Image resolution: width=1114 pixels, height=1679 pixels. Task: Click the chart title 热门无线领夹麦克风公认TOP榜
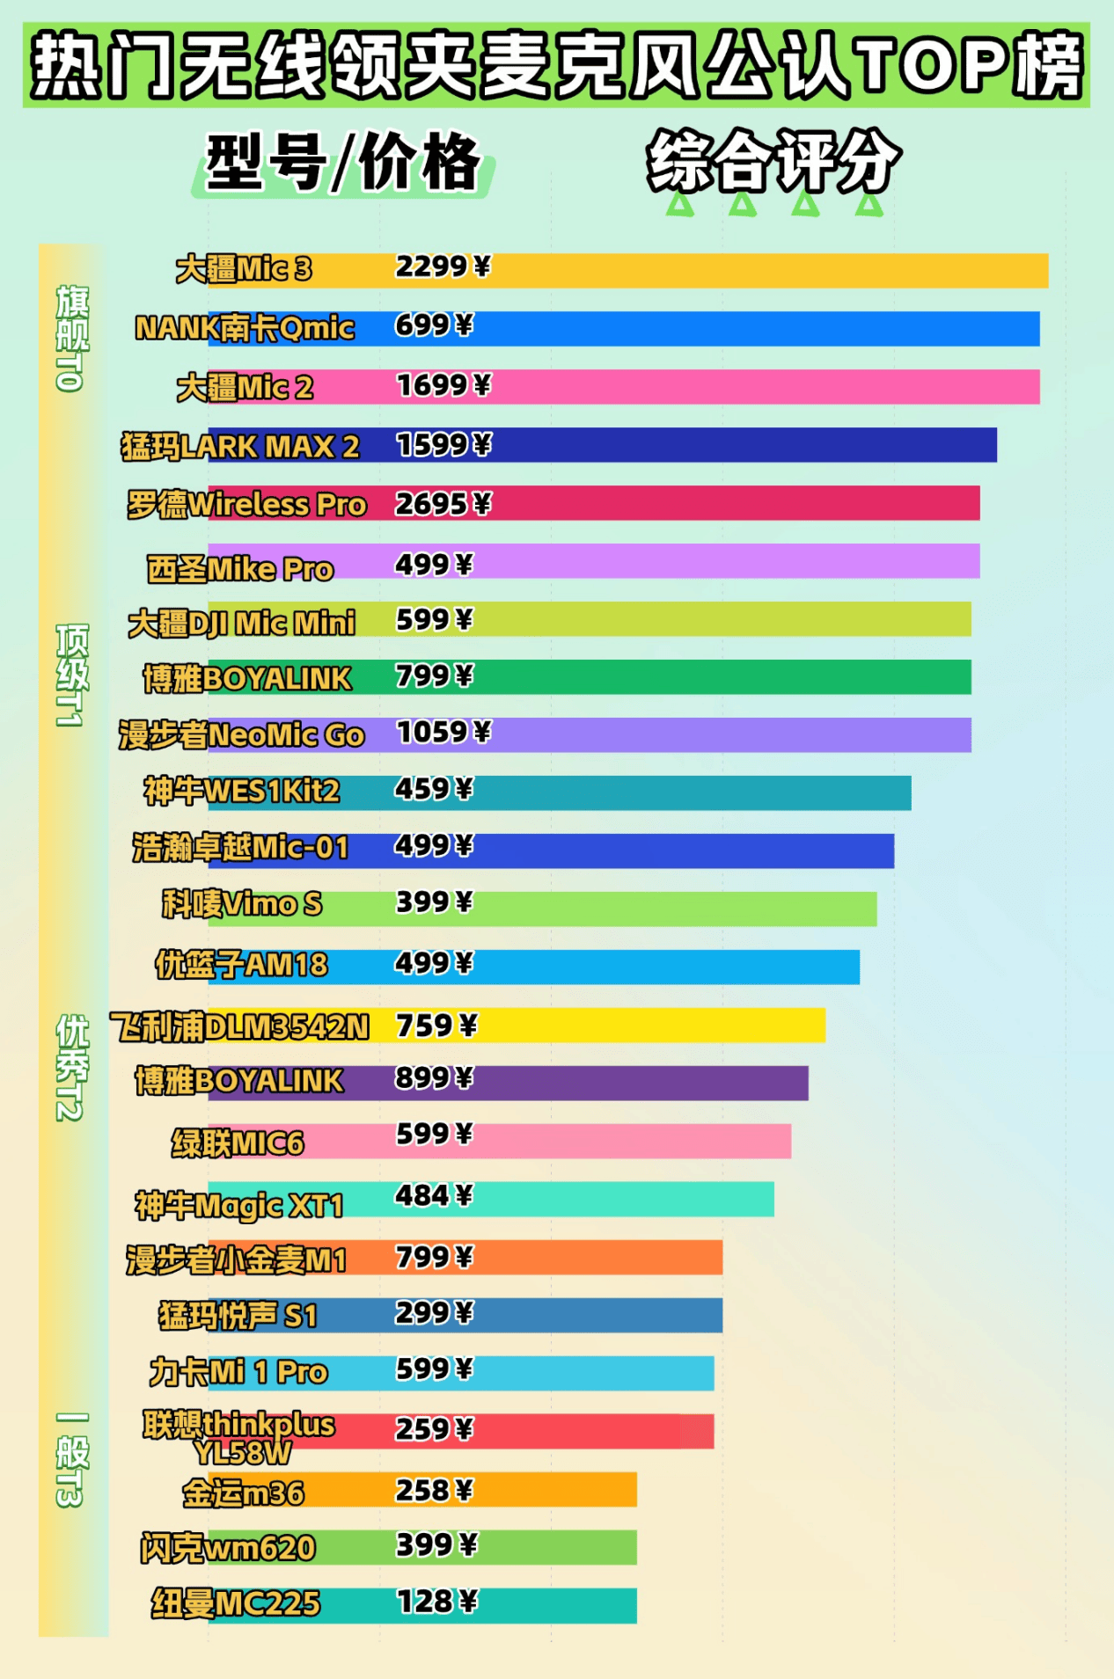tap(556, 65)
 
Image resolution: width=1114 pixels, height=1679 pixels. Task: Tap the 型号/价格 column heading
tap(343, 163)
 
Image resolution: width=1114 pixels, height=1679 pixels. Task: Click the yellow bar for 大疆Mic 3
tap(766, 271)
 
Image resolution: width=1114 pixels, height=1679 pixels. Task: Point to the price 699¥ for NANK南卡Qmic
tap(434, 326)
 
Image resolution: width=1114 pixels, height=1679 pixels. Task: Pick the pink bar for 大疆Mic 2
tap(766, 387)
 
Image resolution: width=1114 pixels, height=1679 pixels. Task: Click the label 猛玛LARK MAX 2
tap(240, 447)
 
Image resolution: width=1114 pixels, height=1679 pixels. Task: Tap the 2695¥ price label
tap(443, 504)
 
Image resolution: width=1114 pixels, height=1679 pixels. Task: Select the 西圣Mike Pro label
tap(240, 569)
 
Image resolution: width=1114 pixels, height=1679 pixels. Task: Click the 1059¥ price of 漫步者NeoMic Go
tap(443, 732)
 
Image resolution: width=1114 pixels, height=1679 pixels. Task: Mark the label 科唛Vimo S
tap(242, 904)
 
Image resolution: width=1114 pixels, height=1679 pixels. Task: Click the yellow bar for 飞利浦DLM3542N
tap(651, 1026)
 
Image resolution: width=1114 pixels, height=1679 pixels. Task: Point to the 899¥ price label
tap(434, 1077)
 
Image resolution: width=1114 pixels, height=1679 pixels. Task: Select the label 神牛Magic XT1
tap(238, 1205)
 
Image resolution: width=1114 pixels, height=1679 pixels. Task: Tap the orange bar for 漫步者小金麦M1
tap(598, 1258)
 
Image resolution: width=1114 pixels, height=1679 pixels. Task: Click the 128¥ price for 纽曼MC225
tap(436, 1602)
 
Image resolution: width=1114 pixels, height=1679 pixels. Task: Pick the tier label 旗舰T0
tap(72, 338)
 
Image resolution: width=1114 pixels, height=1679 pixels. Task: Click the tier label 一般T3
tap(72, 1460)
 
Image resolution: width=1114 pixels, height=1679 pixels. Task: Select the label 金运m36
tap(243, 1493)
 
